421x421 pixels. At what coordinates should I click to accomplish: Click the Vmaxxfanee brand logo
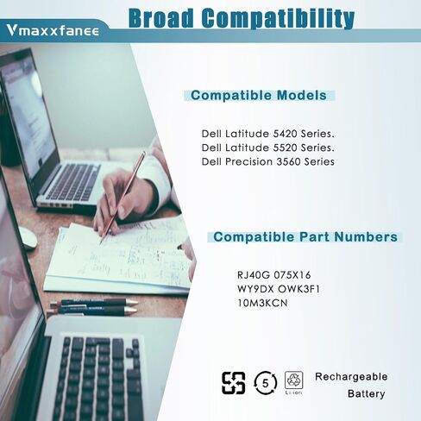tap(53, 30)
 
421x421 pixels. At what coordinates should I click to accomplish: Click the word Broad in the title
tap(161, 18)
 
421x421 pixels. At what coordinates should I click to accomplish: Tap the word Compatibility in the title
tap(278, 19)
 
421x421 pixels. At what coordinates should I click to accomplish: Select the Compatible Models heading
tap(259, 95)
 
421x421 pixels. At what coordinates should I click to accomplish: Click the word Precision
tap(248, 161)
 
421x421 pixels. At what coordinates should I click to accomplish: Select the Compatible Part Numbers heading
tap(305, 237)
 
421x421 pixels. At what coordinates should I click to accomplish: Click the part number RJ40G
tap(254, 275)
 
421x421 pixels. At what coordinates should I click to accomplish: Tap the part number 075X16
tap(292, 275)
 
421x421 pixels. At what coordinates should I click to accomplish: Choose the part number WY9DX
tap(255, 289)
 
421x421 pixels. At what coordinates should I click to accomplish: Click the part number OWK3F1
tap(299, 289)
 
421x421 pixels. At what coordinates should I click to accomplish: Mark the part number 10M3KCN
tap(262, 303)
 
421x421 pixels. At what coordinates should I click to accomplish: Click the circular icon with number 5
tap(265, 383)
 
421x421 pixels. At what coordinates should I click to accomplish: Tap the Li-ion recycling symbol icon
tap(294, 383)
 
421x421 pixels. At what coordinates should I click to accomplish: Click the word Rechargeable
tap(351, 377)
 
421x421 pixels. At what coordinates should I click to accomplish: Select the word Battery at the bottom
tap(366, 393)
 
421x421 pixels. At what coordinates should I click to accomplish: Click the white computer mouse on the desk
tap(28, 238)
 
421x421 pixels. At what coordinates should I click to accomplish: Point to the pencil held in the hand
tap(123, 198)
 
